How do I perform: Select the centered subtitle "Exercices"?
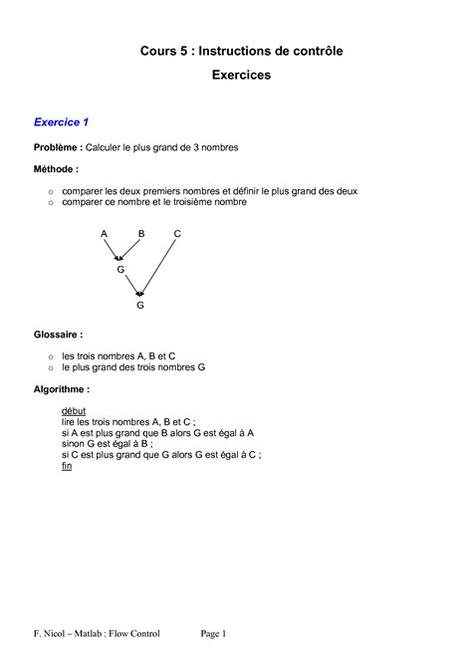click(240, 75)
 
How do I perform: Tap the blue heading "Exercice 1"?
click(62, 122)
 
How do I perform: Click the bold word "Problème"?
click(57, 147)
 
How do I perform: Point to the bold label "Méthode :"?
click(56, 169)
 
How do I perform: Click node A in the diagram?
click(104, 233)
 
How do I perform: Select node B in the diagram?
click(140, 233)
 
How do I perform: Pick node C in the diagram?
click(177, 233)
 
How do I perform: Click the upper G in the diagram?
click(120, 269)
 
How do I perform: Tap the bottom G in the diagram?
click(140, 306)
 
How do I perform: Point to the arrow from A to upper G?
click(112, 249)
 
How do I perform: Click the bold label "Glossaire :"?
click(59, 335)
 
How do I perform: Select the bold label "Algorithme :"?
click(62, 389)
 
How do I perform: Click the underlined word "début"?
click(74, 410)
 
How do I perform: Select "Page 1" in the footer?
click(214, 633)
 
